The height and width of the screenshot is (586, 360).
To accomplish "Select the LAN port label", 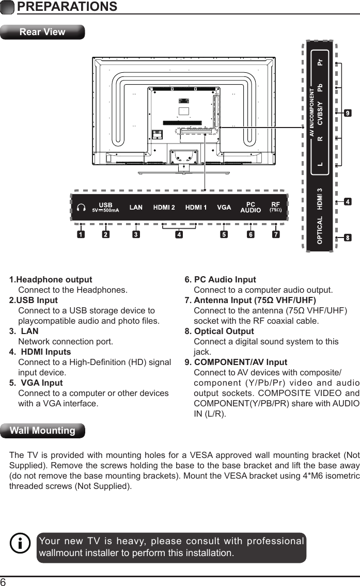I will tap(136, 208).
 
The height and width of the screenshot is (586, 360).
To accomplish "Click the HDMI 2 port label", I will tap(164, 208).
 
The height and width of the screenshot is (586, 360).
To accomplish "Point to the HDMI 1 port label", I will tap(196, 208).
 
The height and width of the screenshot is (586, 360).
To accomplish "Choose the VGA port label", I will tap(224, 208).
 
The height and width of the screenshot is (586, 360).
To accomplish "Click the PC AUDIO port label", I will tap(251, 208).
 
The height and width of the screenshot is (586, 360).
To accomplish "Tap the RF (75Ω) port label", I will tap(276, 207).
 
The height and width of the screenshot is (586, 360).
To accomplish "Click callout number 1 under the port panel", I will tap(81, 235).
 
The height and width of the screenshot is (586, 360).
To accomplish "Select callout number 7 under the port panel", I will tap(276, 235).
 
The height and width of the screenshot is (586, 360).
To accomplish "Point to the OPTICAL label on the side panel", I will tap(320, 230).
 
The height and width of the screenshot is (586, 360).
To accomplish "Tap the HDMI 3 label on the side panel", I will tap(320, 199).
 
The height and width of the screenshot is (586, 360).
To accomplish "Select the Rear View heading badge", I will tap(42, 32).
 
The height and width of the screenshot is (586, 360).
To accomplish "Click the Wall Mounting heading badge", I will tap(42, 431).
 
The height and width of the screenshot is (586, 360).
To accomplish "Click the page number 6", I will tap(4, 581).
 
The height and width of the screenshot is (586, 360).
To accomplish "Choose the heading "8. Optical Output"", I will tap(220, 331).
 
